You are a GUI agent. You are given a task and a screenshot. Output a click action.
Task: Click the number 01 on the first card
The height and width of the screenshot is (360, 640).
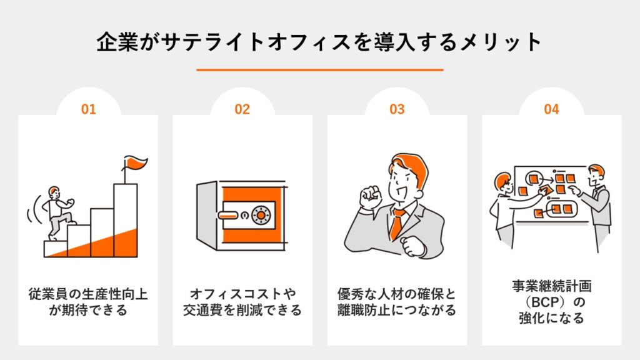(x=88, y=109)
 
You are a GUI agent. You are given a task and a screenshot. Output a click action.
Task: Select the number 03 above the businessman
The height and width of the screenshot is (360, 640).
(x=397, y=109)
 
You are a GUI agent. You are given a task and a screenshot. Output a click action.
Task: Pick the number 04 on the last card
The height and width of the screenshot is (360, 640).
(x=551, y=109)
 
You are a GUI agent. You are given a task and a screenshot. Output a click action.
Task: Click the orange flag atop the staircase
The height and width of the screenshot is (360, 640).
(x=135, y=164)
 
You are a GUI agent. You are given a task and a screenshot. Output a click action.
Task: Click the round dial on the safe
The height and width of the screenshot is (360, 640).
(x=262, y=215)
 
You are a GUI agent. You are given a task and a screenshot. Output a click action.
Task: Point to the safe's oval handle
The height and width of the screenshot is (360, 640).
(x=228, y=216)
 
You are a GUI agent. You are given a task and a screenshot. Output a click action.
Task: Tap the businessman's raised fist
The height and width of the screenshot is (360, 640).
(x=370, y=196)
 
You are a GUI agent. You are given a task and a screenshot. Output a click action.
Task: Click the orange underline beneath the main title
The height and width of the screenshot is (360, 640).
(x=319, y=70)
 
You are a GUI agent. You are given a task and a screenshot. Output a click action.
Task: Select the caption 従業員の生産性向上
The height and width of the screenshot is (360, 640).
(x=88, y=293)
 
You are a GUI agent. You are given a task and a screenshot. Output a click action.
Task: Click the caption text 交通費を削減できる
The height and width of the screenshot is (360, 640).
(x=242, y=309)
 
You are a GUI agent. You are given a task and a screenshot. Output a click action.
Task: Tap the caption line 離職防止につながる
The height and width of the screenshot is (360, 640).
(x=397, y=309)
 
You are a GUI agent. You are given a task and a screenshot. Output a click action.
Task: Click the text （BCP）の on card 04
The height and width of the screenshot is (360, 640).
(x=551, y=302)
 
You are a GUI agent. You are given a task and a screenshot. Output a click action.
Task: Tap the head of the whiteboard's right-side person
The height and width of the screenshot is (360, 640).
(x=597, y=173)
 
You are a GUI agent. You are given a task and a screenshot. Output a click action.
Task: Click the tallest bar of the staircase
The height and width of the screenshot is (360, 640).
(x=125, y=219)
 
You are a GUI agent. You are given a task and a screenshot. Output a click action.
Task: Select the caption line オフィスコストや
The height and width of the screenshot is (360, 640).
(x=242, y=293)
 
